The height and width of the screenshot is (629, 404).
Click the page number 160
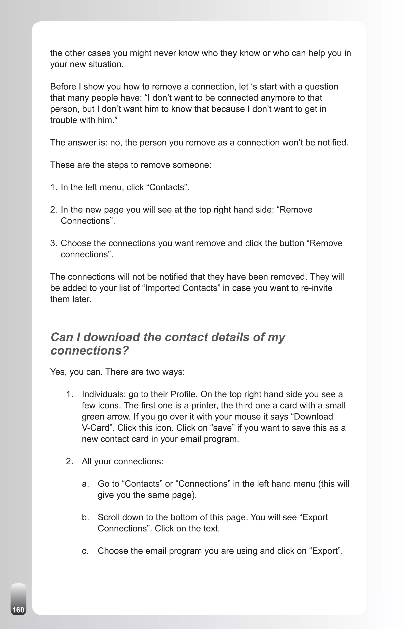[x=18, y=610]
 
